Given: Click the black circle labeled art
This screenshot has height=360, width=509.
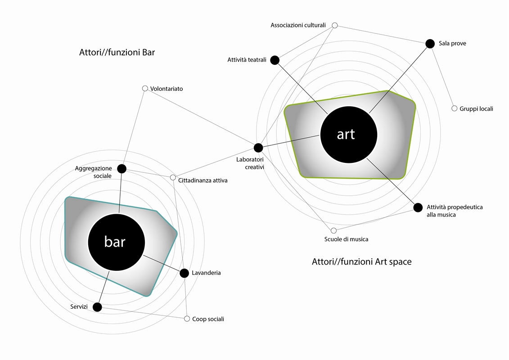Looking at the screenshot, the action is pyautogui.click(x=349, y=135).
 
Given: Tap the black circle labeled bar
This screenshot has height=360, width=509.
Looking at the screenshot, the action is pyautogui.click(x=116, y=242).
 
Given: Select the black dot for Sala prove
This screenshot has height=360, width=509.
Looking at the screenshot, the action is pyautogui.click(x=430, y=44).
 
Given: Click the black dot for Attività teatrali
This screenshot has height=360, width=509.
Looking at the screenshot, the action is pyautogui.click(x=275, y=60).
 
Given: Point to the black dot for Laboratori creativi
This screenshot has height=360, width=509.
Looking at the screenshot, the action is pyautogui.click(x=258, y=148).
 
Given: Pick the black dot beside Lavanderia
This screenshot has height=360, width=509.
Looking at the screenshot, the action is pyautogui.click(x=184, y=273).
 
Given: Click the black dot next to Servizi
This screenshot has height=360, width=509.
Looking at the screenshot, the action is pyautogui.click(x=97, y=307).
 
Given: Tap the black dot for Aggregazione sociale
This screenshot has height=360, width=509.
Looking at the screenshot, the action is pyautogui.click(x=122, y=169).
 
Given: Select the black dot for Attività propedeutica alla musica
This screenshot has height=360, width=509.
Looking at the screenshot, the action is pyautogui.click(x=418, y=207).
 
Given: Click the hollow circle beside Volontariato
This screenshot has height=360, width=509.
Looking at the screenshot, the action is pyautogui.click(x=145, y=88).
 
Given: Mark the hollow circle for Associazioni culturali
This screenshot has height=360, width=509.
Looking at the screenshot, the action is pyautogui.click(x=335, y=25).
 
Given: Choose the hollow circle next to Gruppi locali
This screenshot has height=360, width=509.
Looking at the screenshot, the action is pyautogui.click(x=455, y=108).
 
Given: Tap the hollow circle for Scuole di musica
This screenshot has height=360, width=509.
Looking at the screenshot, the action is pyautogui.click(x=333, y=230).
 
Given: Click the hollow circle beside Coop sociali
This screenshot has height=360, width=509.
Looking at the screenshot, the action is pyautogui.click(x=187, y=319).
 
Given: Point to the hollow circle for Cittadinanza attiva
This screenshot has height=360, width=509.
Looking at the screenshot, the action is pyautogui.click(x=173, y=178).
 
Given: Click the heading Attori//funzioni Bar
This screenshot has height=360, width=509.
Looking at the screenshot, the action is pyautogui.click(x=117, y=53).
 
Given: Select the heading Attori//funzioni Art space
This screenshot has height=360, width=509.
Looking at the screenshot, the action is pyautogui.click(x=362, y=262).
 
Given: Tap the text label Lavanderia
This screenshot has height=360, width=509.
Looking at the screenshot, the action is pyautogui.click(x=206, y=273).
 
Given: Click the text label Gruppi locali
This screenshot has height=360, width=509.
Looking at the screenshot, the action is pyautogui.click(x=476, y=109).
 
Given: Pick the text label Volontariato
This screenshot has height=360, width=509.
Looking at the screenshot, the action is pyautogui.click(x=167, y=89).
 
